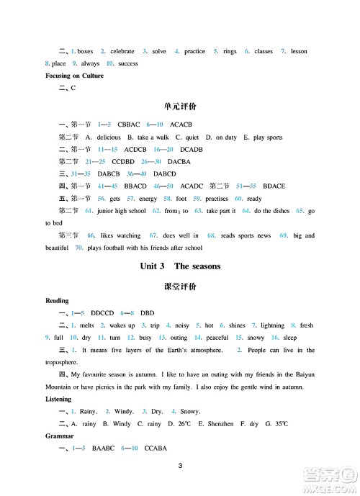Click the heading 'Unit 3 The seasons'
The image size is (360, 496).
[x=179, y=266]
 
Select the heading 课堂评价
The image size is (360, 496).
[x=179, y=286]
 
